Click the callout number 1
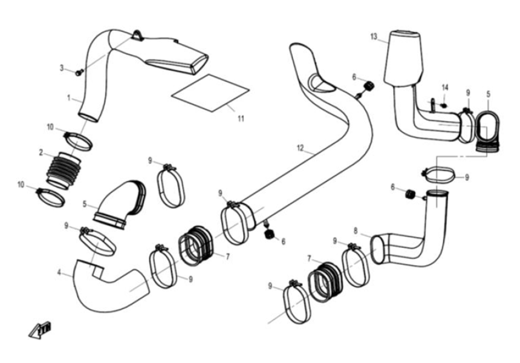click(x=69, y=97)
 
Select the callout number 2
click(x=41, y=152)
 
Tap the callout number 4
click(x=59, y=273)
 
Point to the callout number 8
click(x=356, y=230)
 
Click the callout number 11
click(x=241, y=119)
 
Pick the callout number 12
click(x=300, y=147)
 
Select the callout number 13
click(x=374, y=38)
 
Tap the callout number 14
click(x=445, y=88)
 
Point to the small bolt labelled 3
click(x=79, y=73)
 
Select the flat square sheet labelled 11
click(x=210, y=91)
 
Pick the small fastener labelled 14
click(x=443, y=105)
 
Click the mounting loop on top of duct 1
click(x=138, y=35)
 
